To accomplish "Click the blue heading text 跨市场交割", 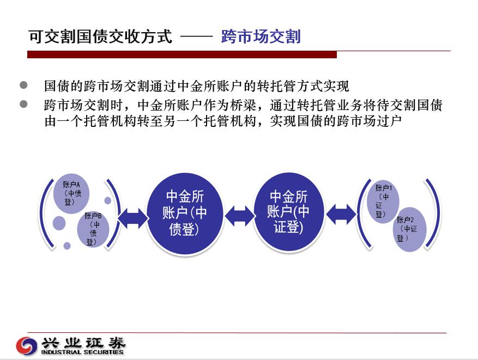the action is coord(261,36).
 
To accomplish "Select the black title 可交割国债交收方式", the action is coord(100,36).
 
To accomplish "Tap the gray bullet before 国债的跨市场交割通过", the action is coord(23,85).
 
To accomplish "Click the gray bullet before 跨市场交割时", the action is coord(23,104).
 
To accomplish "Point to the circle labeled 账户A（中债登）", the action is coord(71,194).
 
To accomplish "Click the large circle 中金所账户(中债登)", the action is coord(185,213).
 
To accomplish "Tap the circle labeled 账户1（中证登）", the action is coord(383,202).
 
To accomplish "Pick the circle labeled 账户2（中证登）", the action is coord(409,229).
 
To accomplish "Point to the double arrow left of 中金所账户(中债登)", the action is coord(132,218).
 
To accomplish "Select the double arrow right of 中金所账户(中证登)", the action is coord(341,215).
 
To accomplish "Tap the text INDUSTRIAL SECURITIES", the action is coord(82,352).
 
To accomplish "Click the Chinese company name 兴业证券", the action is coord(83,343).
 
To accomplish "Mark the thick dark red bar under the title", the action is coord(182,54).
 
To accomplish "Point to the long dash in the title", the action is coord(196,37).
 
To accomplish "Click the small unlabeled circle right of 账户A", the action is coord(107,200).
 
